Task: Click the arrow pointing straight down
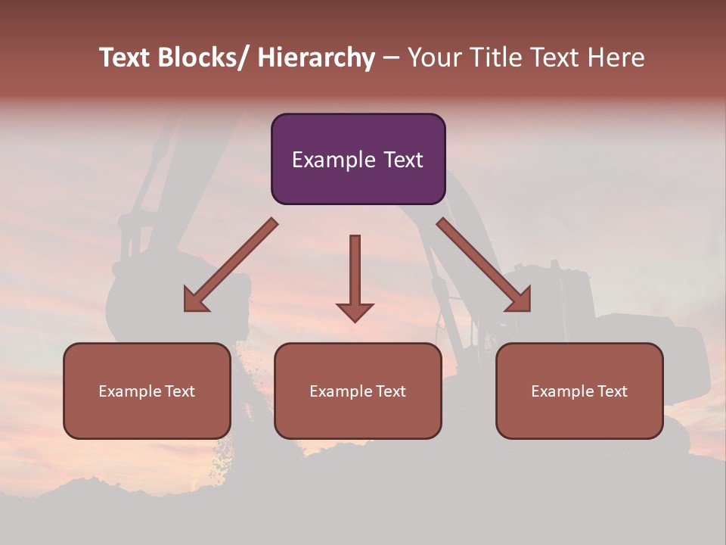point(355,276)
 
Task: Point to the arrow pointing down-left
point(230,266)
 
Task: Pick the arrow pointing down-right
point(484,266)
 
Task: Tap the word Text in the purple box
point(402,160)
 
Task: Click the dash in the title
point(391,58)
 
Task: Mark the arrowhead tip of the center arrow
point(355,321)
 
